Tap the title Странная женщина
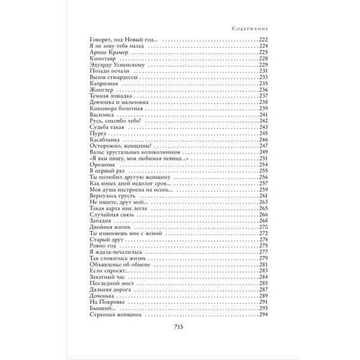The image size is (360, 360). [114, 314]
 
